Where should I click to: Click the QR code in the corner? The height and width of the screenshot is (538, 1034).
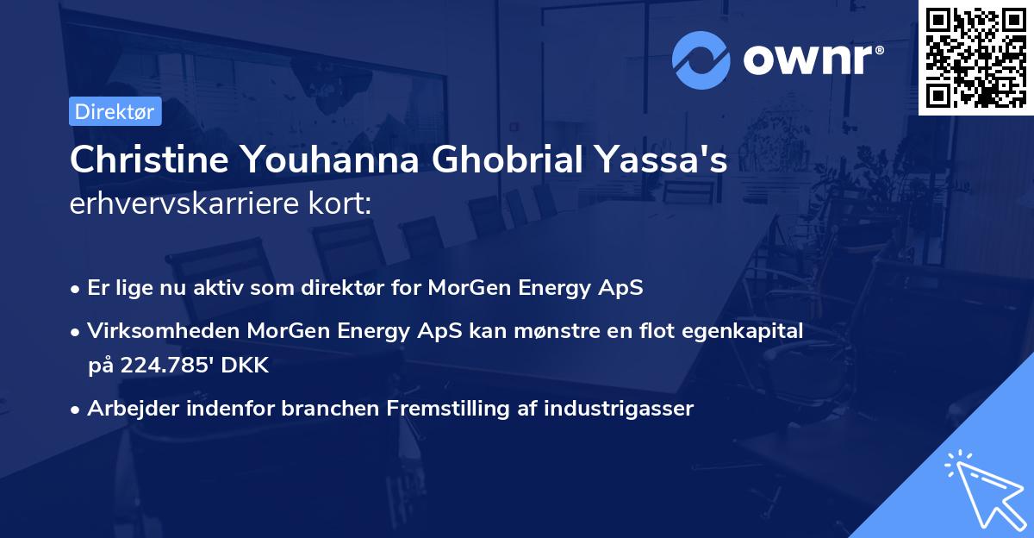pyautogui.click(x=976, y=57)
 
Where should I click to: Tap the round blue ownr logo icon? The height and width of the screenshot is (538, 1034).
pyautogui.click(x=701, y=59)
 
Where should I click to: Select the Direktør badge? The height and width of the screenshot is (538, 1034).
pyautogui.click(x=115, y=111)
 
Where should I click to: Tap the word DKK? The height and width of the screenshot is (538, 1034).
pyautogui.click(x=246, y=366)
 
